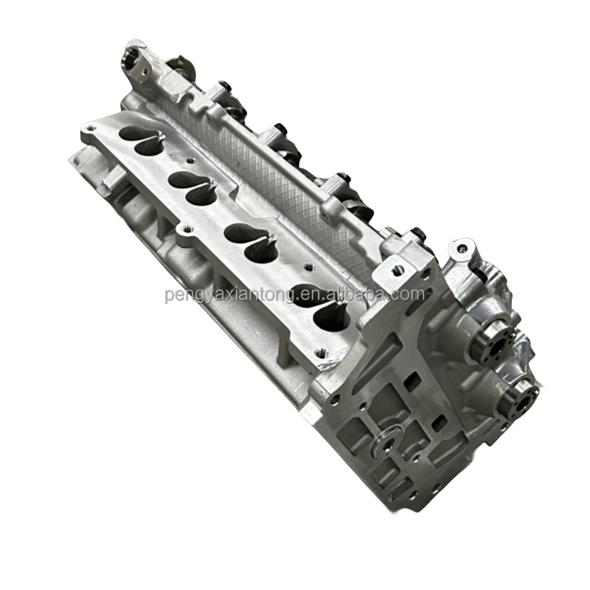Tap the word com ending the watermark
409,295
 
